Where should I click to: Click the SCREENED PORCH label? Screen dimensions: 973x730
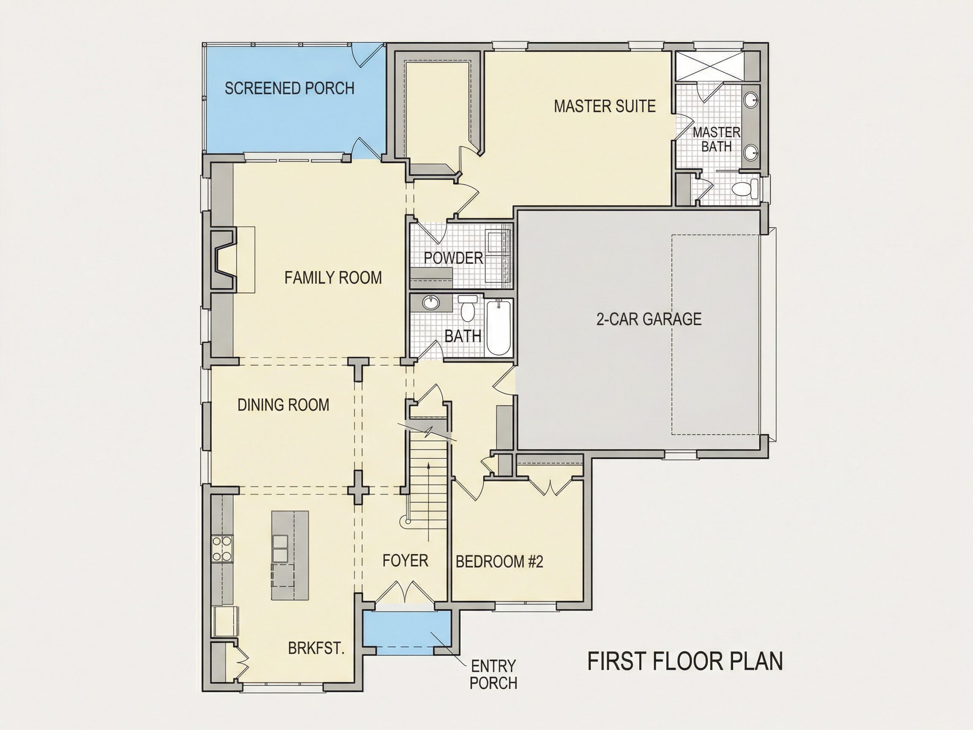point(289,88)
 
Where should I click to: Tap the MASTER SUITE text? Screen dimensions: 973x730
point(604,106)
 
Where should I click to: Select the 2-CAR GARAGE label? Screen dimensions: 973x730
point(649,319)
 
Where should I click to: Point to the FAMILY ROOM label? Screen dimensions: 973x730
point(333,278)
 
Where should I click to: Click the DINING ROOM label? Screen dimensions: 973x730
point(283,405)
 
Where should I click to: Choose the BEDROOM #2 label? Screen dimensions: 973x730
point(499,561)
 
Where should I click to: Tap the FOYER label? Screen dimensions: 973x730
point(405,561)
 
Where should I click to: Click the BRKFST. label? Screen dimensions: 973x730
point(316,648)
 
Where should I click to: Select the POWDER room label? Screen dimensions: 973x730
point(454,258)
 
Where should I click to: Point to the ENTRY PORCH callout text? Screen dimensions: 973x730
point(494,675)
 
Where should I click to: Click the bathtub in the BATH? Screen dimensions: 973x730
point(499,327)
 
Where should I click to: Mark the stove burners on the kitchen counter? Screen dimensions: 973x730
point(222,548)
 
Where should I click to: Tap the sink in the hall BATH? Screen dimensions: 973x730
point(431,302)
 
